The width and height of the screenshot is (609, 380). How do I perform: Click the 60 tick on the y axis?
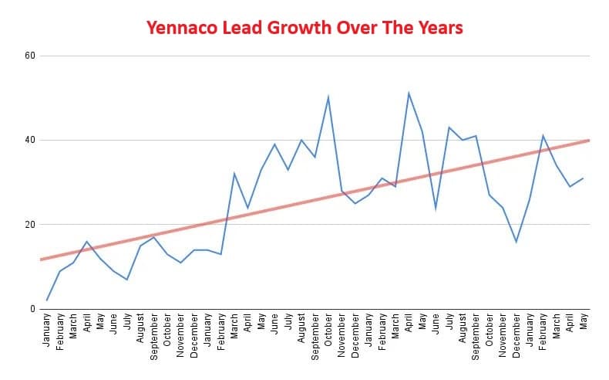coord(31,56)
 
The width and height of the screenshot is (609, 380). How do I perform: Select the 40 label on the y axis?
coord(31,140)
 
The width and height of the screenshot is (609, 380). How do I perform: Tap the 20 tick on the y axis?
coord(31,225)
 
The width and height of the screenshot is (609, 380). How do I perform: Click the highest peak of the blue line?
coord(409,93)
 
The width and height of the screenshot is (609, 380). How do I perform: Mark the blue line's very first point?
coord(47,300)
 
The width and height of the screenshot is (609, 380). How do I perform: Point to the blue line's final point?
coord(584,178)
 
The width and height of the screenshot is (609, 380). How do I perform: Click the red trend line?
coord(308,200)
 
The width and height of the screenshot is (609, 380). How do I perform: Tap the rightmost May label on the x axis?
coord(584,324)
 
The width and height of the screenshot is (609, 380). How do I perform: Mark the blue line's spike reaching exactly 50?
coord(328,97)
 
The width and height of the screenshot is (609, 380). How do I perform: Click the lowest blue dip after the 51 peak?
coord(516,242)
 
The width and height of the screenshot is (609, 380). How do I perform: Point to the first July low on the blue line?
coord(127,280)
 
